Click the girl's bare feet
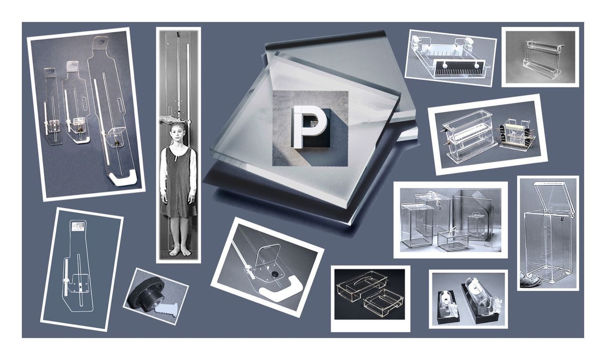click(179, 252)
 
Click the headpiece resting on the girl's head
click(171, 119)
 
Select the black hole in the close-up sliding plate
click(275, 274)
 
